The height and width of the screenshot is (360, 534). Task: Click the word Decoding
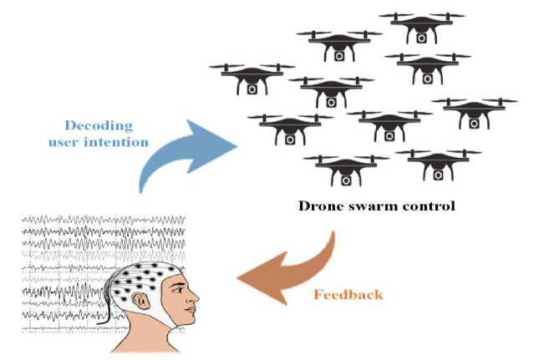coord(100,125)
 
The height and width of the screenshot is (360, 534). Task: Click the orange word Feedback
coord(350,294)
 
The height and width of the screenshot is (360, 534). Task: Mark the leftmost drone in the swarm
coord(251,77)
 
